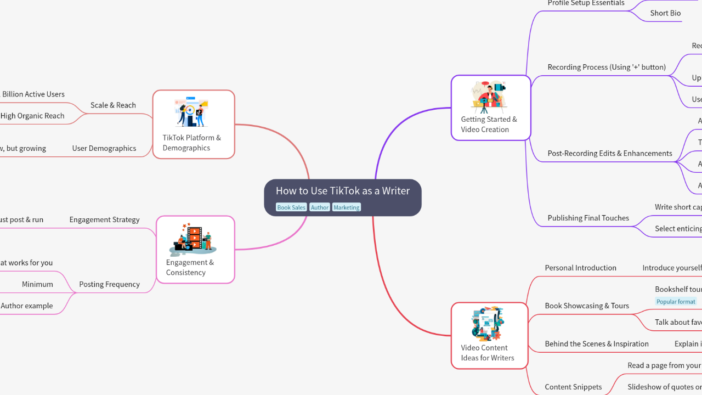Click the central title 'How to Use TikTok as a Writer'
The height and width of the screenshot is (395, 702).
coord(342,191)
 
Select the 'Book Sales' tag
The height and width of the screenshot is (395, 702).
coord(291,207)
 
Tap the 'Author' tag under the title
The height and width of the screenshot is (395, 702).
coord(319,207)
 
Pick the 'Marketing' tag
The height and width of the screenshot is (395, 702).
coord(346,207)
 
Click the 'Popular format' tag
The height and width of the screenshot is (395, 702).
coord(676,301)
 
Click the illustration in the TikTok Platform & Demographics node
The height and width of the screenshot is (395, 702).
coord(191,112)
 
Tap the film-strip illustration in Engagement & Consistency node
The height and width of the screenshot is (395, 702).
coord(193,239)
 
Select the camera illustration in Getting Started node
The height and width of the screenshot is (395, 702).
coord(489,97)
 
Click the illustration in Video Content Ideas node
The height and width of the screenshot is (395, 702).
coord(488,324)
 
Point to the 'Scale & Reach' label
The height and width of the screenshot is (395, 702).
coord(113,105)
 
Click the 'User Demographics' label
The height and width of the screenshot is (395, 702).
coord(104,148)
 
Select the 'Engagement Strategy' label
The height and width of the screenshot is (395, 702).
coord(104,219)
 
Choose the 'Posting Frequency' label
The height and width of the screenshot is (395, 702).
coord(109,284)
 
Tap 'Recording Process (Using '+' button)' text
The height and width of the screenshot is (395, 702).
coord(606,67)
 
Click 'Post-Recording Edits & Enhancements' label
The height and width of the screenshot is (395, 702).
coord(609,153)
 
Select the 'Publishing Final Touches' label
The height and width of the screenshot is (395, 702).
coord(588,218)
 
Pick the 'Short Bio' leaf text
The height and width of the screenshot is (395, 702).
coord(665,13)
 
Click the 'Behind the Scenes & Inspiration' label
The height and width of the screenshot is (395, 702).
coord(596,344)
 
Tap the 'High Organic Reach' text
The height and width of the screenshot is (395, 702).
coord(32,116)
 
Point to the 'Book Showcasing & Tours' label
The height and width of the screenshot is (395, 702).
coord(586,306)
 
